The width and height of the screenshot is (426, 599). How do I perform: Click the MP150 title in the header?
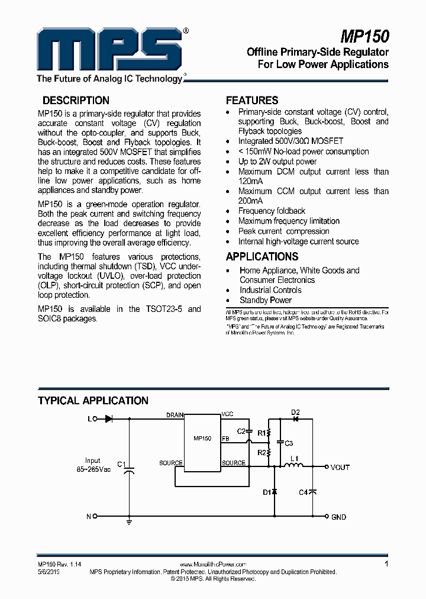tap(364, 36)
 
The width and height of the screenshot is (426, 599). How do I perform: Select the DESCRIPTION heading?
tap(76, 101)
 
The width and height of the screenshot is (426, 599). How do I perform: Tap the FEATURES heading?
tap(252, 101)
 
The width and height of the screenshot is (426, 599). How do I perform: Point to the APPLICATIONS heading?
tap(262, 257)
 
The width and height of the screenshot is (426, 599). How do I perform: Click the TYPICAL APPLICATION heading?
tap(93, 401)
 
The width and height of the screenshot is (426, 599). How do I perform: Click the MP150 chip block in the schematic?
tap(202, 439)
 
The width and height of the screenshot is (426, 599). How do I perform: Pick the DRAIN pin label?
tap(175, 415)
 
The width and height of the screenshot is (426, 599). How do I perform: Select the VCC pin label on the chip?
tap(227, 414)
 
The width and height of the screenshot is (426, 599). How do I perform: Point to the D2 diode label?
tap(296, 413)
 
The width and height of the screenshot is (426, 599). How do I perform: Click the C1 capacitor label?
tap(121, 463)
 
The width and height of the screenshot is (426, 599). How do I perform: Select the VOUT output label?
tap(340, 467)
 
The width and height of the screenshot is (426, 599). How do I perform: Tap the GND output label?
tap(338, 517)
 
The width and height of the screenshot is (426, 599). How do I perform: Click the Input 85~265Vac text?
tap(93, 465)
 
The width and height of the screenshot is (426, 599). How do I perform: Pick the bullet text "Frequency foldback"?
tap(272, 211)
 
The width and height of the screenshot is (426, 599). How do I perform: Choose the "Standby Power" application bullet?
tap(266, 300)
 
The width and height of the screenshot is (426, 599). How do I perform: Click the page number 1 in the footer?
tap(386, 564)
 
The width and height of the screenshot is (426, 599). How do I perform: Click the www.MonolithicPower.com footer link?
tap(212, 565)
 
